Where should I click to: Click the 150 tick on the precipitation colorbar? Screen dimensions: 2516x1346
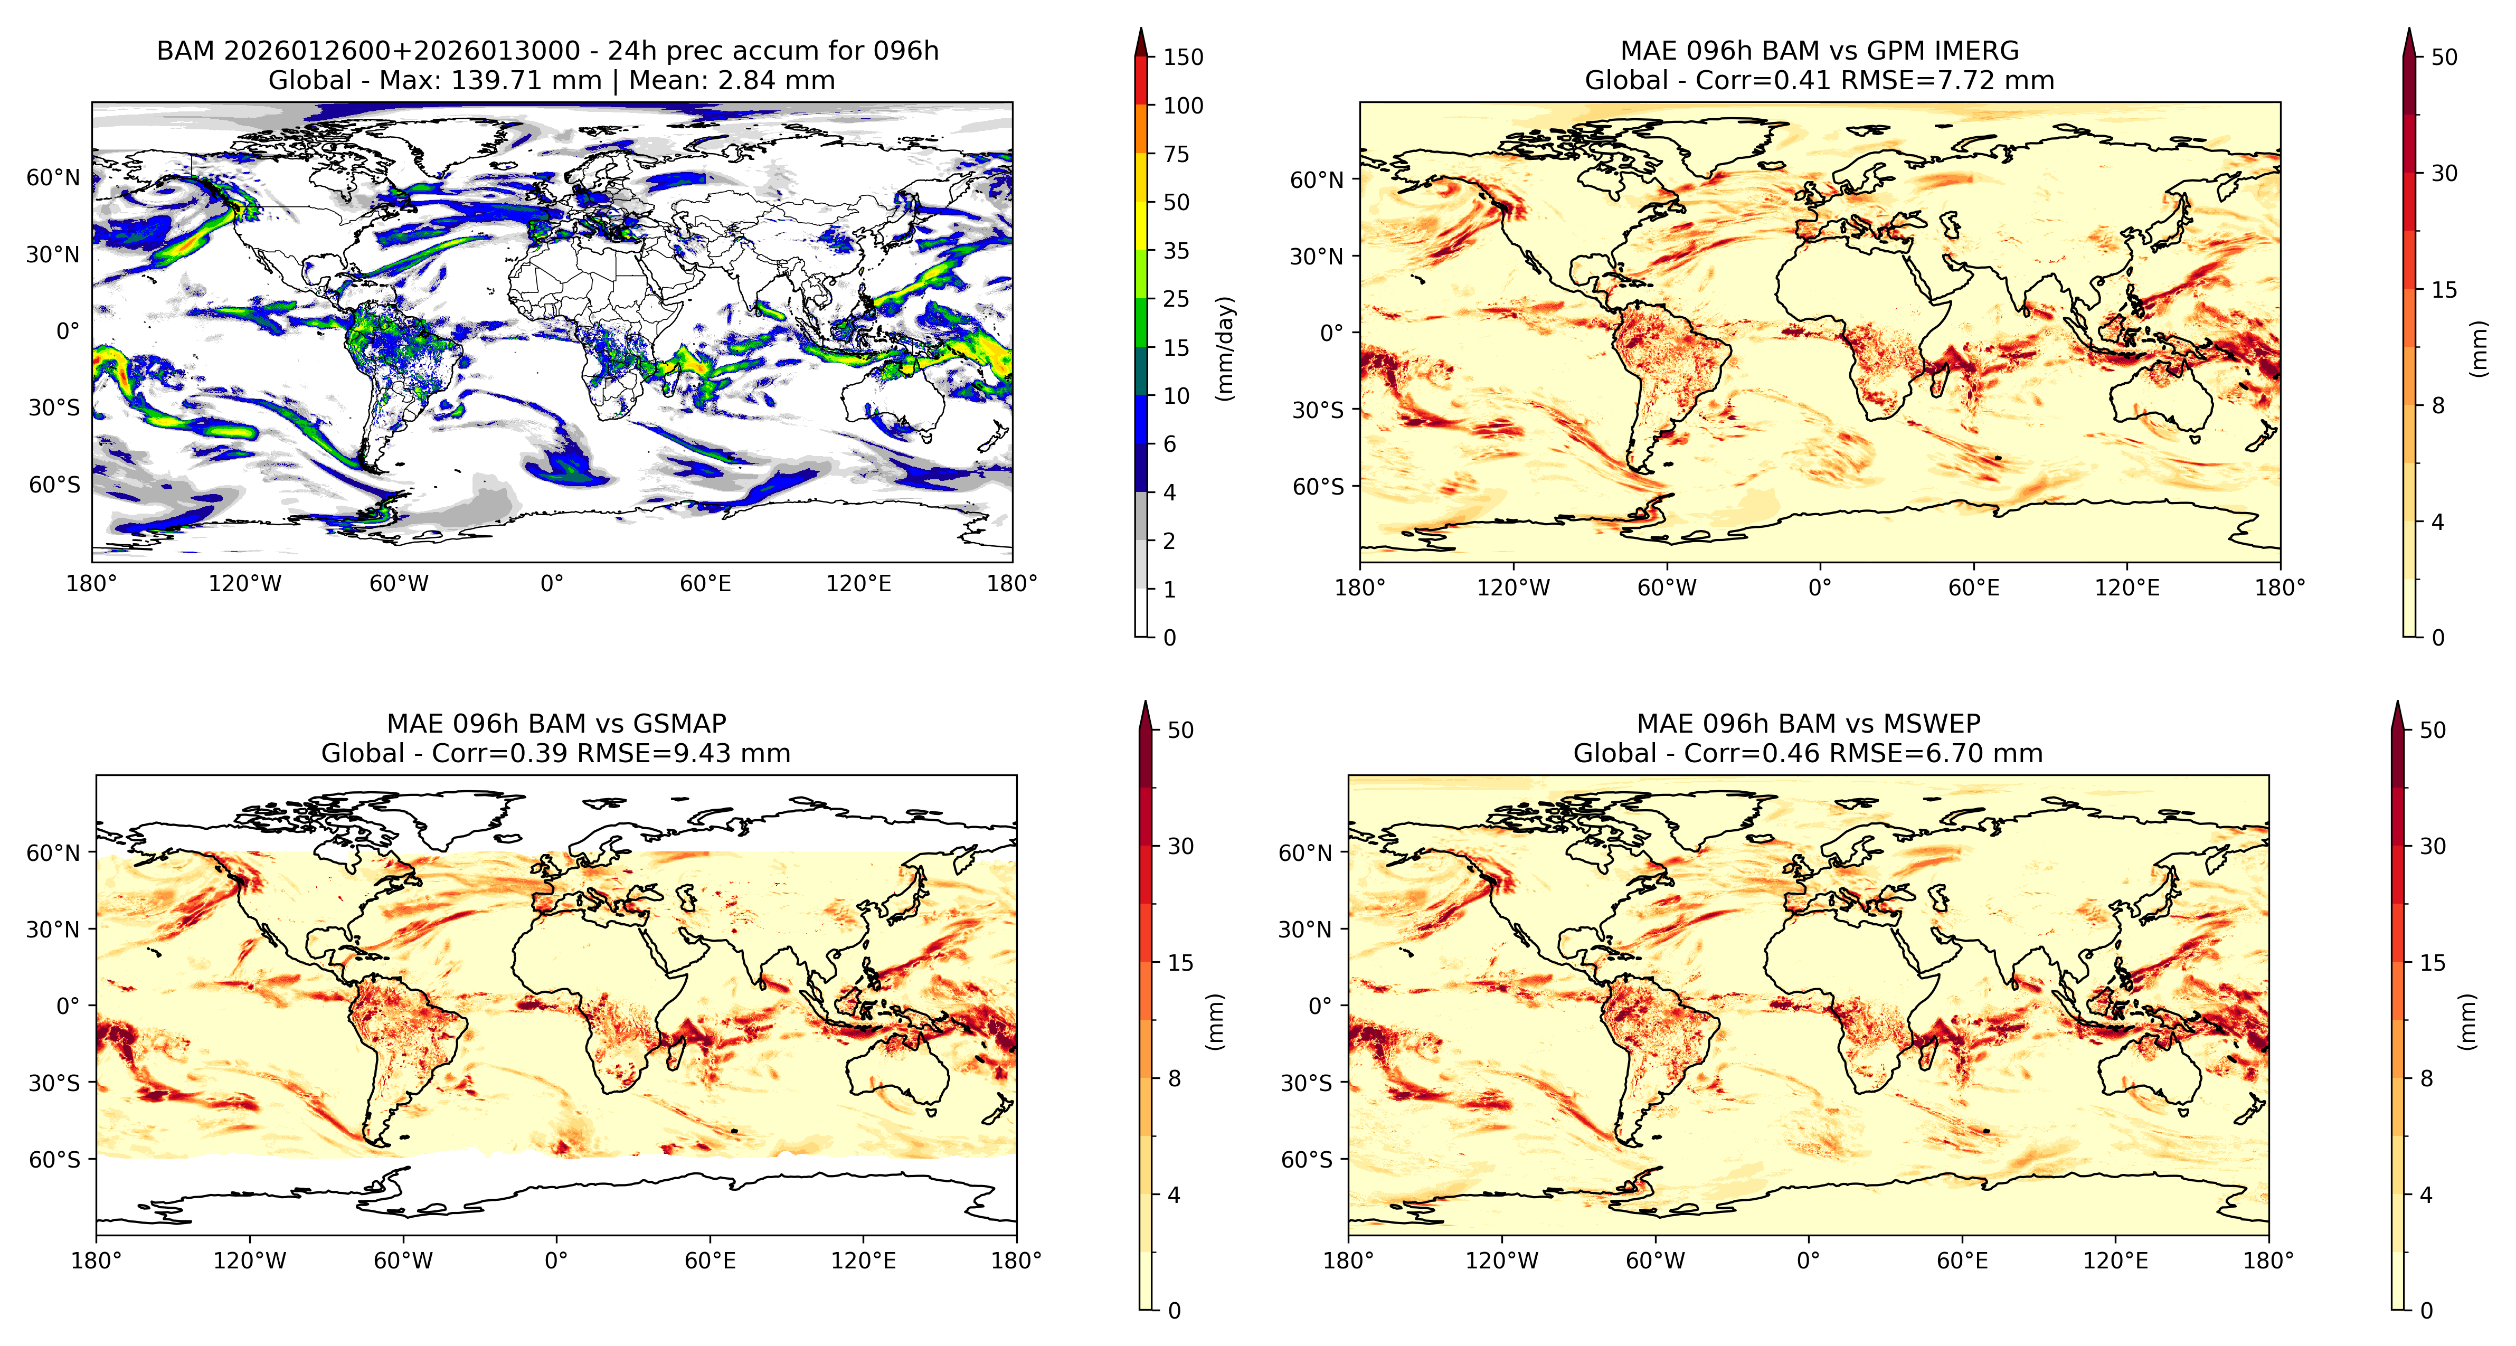point(1183,56)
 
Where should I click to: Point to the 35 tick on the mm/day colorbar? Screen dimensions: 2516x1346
point(1176,251)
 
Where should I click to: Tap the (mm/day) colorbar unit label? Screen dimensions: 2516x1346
point(1225,348)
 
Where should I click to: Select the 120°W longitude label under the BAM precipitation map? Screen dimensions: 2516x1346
point(244,584)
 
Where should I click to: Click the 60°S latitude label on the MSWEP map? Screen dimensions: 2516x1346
point(1307,1160)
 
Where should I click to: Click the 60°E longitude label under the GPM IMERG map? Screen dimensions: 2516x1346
point(1974,588)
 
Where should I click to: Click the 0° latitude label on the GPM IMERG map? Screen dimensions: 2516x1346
point(1332,333)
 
